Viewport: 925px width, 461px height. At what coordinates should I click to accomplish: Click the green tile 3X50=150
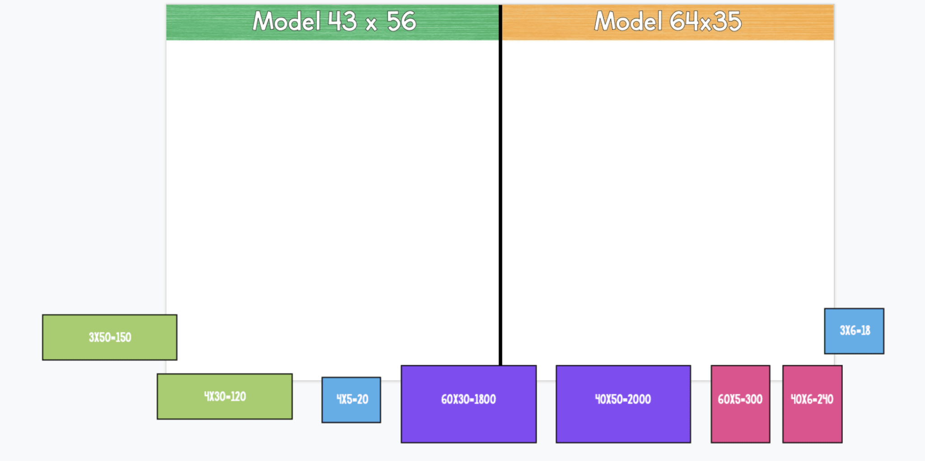point(109,337)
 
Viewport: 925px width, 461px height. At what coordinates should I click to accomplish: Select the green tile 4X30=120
point(224,396)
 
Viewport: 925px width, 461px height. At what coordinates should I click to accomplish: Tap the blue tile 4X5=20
point(351,400)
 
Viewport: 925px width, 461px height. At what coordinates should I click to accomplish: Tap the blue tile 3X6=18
point(854,331)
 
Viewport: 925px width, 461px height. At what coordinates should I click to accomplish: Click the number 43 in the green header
point(342,21)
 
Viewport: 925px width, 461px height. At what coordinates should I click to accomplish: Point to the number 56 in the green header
point(401,21)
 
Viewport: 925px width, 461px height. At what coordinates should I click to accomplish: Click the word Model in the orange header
point(628,21)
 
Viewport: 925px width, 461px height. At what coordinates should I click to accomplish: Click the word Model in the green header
point(287,21)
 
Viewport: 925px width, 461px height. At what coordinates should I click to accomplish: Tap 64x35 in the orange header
point(705,21)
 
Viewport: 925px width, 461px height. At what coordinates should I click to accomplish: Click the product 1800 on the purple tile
point(484,399)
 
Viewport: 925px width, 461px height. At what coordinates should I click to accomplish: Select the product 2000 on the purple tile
point(638,399)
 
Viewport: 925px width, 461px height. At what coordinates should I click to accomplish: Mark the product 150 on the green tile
point(123,337)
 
